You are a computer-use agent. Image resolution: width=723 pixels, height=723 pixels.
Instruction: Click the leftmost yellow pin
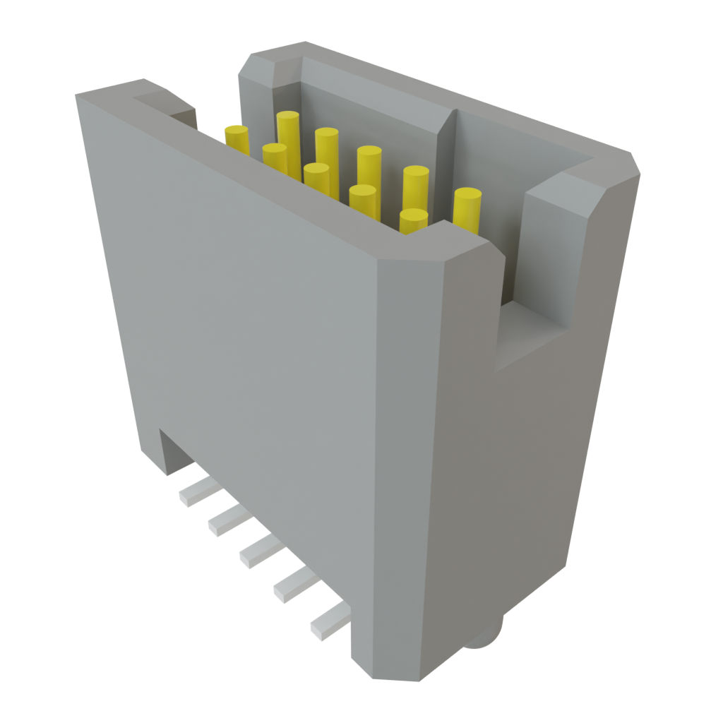[x=237, y=138]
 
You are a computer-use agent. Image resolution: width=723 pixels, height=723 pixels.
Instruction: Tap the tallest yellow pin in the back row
[x=288, y=131]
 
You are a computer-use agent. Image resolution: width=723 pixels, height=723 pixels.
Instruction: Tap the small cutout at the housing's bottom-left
[x=173, y=452]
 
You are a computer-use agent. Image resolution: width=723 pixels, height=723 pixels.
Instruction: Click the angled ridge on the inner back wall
[x=445, y=134]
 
